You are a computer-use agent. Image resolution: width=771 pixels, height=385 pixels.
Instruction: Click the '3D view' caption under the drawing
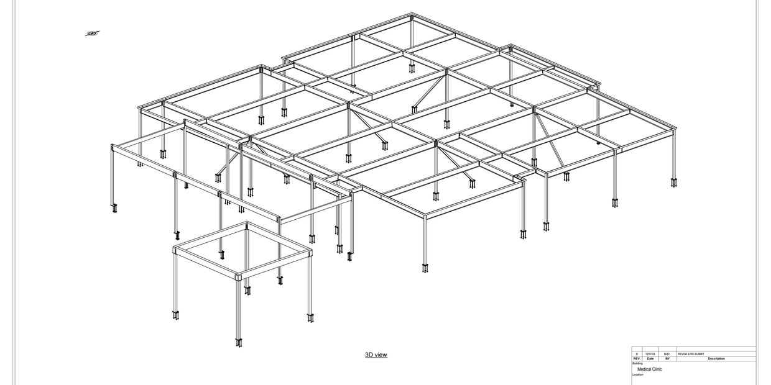[x=376, y=355]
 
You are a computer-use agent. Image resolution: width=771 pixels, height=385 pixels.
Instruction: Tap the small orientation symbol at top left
[x=92, y=34]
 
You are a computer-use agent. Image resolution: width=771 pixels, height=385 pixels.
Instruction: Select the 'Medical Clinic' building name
[x=649, y=369]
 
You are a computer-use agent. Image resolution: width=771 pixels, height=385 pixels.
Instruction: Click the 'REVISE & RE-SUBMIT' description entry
[x=691, y=354]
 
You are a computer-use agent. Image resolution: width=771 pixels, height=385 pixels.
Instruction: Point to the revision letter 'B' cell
[x=637, y=354]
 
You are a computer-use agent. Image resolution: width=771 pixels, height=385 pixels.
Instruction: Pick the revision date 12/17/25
[x=650, y=354]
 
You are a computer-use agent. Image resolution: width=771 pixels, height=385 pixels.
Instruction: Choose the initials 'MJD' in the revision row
[x=667, y=354]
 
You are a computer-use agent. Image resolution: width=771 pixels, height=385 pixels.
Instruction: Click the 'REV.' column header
[x=637, y=359]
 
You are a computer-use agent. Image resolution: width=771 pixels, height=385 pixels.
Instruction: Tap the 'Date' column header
[x=650, y=359]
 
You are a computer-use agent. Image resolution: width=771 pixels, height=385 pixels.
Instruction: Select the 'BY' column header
[x=667, y=359]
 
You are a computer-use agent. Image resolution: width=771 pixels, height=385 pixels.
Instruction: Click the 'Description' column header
[x=716, y=359]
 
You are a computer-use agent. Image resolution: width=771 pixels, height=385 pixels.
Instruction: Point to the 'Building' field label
[x=637, y=364]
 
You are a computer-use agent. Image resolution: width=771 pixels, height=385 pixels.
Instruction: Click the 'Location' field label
[x=638, y=375]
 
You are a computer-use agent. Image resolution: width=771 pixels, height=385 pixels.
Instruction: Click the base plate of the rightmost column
[x=674, y=183]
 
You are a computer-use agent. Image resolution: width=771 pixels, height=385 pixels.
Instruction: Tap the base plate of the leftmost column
[x=114, y=209]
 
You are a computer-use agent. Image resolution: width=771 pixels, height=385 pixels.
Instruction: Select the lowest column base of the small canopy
[x=239, y=342]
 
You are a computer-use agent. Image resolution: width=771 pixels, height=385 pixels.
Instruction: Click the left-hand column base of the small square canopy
[x=176, y=315]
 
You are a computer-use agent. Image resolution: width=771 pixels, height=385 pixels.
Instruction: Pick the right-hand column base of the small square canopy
[x=310, y=319]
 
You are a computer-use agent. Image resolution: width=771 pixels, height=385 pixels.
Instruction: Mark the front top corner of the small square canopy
[x=239, y=276]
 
